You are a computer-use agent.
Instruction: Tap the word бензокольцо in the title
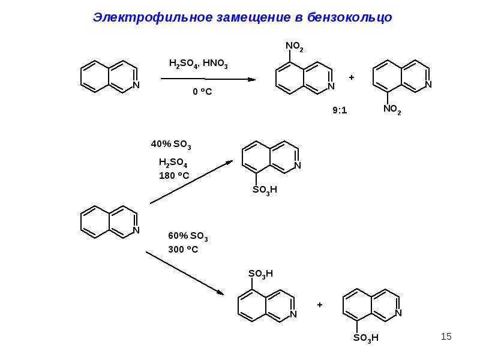[350, 17]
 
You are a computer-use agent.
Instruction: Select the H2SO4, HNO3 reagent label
[199, 64]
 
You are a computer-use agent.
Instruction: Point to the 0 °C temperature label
[202, 91]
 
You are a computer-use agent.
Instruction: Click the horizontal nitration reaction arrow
[208, 79]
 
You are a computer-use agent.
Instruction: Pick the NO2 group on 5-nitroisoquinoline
[295, 47]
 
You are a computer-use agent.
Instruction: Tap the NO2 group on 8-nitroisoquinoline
[392, 109]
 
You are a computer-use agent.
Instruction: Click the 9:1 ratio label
[340, 110]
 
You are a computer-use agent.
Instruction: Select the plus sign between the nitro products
[352, 77]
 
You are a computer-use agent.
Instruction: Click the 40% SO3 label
[171, 144]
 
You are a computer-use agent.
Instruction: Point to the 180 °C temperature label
[174, 175]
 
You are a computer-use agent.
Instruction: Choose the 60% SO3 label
[188, 236]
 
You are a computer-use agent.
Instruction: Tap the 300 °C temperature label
[183, 249]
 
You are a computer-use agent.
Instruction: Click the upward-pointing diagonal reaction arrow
[191, 182]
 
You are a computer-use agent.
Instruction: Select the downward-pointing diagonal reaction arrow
[185, 273]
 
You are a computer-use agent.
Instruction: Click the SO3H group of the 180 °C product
[265, 190]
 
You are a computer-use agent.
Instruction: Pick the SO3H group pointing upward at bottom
[260, 274]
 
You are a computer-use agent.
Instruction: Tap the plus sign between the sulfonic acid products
[320, 305]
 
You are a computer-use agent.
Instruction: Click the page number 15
[446, 337]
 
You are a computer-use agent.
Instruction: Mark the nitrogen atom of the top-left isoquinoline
[136, 85]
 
